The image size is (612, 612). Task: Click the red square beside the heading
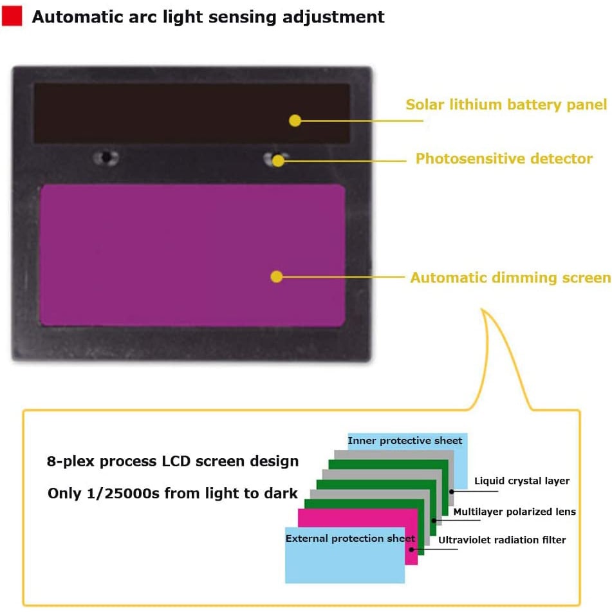12,15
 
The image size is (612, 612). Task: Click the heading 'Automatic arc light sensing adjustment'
208,16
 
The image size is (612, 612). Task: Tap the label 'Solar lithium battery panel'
506,104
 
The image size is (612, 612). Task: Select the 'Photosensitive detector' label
504,158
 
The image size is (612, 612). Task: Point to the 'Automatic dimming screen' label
510,277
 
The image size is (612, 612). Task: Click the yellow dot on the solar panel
295,120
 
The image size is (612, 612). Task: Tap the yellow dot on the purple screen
277,277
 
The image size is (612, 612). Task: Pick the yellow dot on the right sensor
278,160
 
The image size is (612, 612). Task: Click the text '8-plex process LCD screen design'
172,461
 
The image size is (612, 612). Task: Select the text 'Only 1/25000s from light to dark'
172,494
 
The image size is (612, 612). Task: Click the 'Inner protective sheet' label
405,441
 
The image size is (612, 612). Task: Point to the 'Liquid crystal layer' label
521,481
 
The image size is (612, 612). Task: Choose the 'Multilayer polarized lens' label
514,512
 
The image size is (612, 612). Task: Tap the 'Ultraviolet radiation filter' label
502,540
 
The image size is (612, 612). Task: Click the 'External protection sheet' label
349,538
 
